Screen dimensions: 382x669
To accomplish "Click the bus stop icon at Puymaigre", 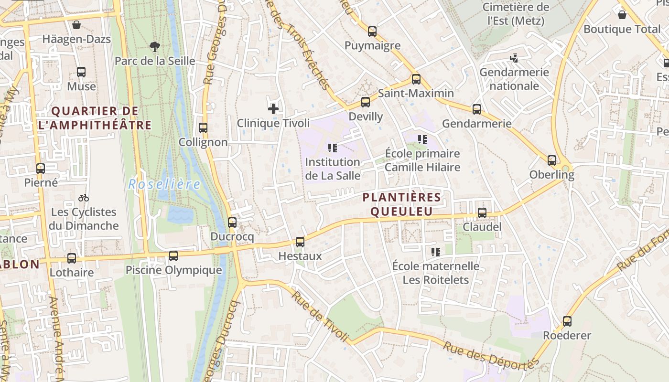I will [372, 32].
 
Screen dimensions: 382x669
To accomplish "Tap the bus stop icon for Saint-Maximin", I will [416, 79].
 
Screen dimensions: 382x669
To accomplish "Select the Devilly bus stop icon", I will [366, 102].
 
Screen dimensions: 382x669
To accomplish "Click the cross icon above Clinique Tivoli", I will [273, 109].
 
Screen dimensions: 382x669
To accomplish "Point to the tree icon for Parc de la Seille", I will [154, 46].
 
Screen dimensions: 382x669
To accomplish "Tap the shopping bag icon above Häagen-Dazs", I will [76, 25].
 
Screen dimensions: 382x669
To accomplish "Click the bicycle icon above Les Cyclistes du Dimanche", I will [84, 198].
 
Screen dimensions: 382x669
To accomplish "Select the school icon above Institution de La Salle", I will [333, 148].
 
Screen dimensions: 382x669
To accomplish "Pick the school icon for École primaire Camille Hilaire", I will [422, 139].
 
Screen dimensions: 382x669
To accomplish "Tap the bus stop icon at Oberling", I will [552, 160].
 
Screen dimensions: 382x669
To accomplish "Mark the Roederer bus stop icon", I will [567, 321].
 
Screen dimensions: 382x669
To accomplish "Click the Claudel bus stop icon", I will [482, 213].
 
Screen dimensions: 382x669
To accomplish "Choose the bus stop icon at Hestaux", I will [300, 242].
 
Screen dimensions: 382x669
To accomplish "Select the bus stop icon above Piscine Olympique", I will [173, 256].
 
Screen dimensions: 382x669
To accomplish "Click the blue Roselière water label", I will [164, 184].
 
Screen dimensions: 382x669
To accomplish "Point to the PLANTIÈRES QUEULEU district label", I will [401, 204].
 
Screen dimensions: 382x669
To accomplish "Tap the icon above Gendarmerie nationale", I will [514, 58].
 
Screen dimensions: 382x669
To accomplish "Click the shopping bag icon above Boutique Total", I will [622, 15].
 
